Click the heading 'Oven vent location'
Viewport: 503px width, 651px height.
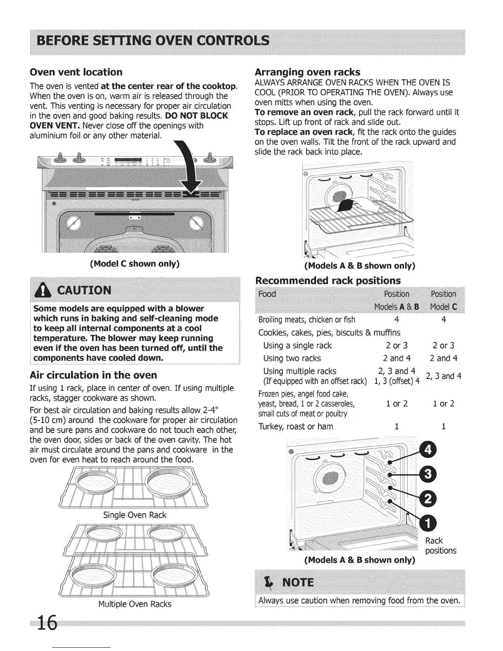click(x=76, y=72)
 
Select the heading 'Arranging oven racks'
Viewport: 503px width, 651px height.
click(x=308, y=72)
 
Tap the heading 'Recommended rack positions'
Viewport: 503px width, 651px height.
click(x=328, y=280)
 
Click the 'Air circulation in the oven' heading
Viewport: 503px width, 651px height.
click(x=94, y=375)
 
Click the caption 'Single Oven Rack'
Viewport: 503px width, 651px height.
click(x=135, y=515)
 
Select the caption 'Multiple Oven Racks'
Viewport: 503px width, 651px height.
click(x=135, y=604)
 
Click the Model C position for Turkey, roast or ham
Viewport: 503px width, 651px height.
click(x=444, y=427)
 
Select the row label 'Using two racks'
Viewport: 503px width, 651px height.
click(x=292, y=358)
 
